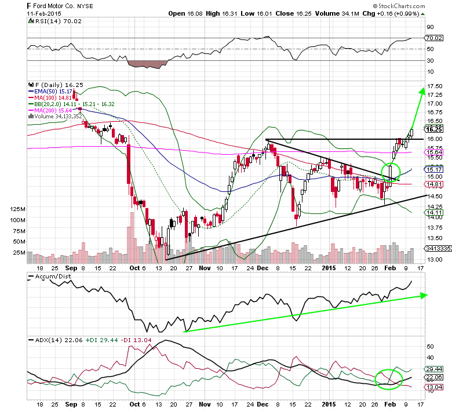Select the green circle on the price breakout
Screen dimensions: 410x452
[x=391, y=172]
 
